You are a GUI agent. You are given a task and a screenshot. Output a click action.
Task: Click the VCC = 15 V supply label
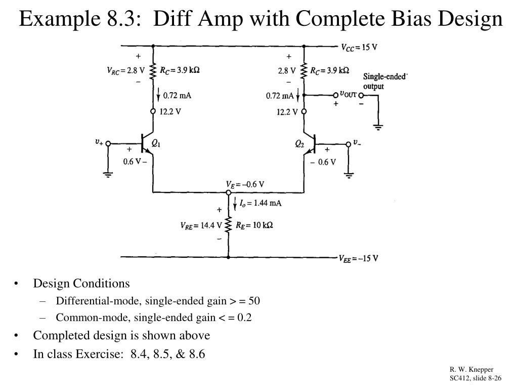point(360,48)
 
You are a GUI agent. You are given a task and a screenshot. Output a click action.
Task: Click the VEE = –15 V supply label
point(358,258)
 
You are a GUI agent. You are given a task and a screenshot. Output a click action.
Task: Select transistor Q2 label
point(300,144)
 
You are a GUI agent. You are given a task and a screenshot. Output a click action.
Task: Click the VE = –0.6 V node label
point(245,184)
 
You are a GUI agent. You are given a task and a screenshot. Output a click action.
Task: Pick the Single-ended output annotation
point(385,81)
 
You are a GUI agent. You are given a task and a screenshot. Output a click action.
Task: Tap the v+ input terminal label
point(99,143)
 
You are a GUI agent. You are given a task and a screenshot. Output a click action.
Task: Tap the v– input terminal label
point(357,143)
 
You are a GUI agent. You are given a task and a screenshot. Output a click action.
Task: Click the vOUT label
point(349,94)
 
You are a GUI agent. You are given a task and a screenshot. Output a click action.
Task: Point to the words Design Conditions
point(81,283)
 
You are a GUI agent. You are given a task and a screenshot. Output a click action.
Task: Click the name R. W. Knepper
point(471,370)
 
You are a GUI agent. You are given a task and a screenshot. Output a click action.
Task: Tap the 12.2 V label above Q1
point(170,112)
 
